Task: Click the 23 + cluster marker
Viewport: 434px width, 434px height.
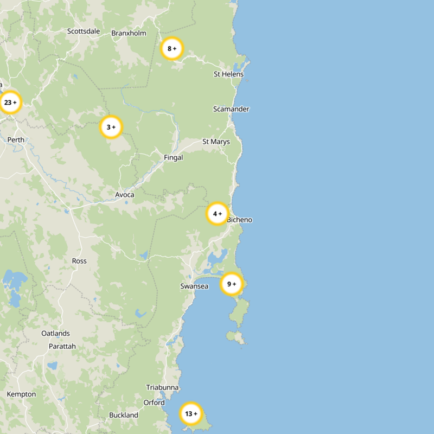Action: (x=10, y=102)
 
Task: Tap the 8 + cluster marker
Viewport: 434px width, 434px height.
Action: (x=172, y=49)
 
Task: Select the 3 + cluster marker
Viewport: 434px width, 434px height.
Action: (x=111, y=127)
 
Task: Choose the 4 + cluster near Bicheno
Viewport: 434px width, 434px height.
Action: (x=218, y=214)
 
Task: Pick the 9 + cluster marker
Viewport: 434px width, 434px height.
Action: (x=232, y=284)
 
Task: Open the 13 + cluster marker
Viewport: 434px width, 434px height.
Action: (x=191, y=414)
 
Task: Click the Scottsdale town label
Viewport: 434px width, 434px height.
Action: (x=84, y=31)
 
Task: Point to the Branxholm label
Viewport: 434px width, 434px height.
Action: (x=129, y=33)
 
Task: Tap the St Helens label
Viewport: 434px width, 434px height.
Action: (x=228, y=74)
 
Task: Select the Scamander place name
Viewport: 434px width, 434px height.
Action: (x=231, y=109)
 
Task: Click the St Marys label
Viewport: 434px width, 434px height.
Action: (x=216, y=142)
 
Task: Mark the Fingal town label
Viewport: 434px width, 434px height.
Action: (x=174, y=158)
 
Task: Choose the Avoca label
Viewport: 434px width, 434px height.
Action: (x=125, y=195)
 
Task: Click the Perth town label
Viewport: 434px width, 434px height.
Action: (x=16, y=140)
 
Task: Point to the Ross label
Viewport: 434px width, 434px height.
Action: (x=79, y=261)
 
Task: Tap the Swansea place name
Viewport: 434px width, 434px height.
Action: (x=194, y=286)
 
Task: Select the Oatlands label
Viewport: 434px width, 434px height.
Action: (x=55, y=333)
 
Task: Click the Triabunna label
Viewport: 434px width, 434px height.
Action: (x=162, y=387)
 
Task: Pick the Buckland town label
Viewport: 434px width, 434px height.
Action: (x=124, y=415)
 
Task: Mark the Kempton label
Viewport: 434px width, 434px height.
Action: (x=21, y=394)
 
